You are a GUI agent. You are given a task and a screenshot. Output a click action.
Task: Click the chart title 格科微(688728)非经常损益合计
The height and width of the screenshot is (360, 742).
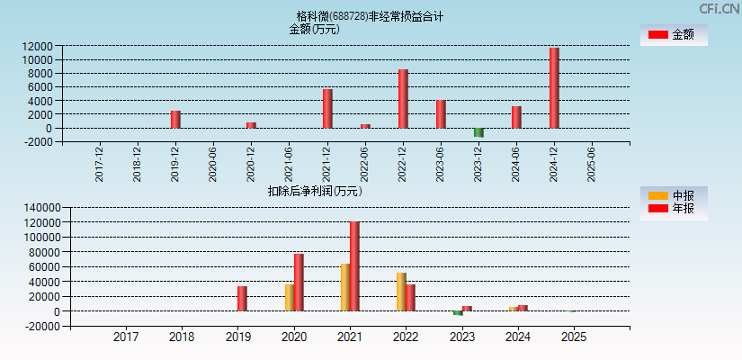tap(370, 16)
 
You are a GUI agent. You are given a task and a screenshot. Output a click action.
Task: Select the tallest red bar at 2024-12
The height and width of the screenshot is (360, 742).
tap(554, 88)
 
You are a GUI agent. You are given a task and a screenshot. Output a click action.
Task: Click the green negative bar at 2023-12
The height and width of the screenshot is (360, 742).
tap(478, 132)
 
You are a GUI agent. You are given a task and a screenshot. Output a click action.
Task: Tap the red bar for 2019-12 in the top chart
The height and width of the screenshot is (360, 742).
tap(175, 120)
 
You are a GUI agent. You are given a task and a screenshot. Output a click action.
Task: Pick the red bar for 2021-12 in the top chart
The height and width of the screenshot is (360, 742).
tap(327, 109)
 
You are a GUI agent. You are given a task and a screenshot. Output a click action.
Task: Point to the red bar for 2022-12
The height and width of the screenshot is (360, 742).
tap(403, 99)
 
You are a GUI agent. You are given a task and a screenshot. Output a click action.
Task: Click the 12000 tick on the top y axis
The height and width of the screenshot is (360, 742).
tap(37, 46)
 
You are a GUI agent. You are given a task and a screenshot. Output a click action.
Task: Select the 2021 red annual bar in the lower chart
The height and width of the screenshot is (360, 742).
tap(354, 266)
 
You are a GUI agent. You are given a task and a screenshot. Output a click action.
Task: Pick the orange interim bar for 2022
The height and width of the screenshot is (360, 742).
tap(401, 292)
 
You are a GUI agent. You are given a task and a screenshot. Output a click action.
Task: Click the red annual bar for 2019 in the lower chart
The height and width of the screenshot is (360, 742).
tap(242, 299)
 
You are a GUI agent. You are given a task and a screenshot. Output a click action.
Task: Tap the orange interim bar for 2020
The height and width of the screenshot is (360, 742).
tap(290, 298)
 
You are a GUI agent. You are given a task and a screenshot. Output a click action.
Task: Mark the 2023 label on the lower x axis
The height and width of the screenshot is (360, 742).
tap(461, 337)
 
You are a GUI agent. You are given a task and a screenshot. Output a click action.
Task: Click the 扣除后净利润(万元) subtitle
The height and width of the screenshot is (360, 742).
tap(315, 191)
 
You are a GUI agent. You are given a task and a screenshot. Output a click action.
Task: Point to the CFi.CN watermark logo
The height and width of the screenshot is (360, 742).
tap(719, 9)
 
